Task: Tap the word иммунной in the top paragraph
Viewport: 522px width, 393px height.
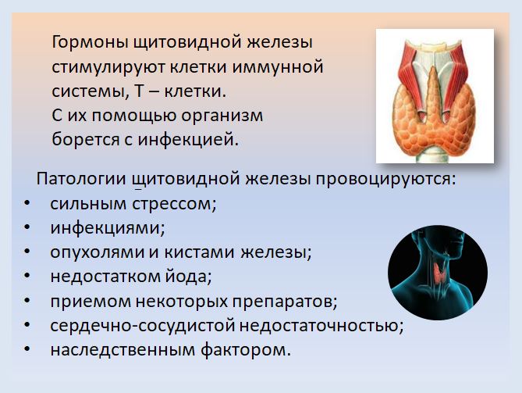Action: coord(278,66)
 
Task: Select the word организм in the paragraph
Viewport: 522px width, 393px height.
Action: coord(222,116)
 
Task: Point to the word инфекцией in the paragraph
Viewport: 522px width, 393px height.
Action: coord(188,139)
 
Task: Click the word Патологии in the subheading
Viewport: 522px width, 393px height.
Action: coord(81,179)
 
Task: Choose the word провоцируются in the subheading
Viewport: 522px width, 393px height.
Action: coord(385,180)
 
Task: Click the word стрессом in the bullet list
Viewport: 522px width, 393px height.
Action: coord(174,204)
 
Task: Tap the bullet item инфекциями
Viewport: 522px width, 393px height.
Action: coord(108,228)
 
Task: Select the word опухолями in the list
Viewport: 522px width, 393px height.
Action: coord(98,252)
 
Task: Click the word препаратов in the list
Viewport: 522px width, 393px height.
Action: coord(285,302)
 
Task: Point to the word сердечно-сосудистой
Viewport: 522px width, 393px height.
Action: coord(143,326)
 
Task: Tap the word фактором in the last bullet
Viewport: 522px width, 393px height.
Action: coord(245,350)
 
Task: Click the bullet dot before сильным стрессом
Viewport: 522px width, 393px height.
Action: coord(27,203)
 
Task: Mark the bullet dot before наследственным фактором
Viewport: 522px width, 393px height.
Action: coord(27,349)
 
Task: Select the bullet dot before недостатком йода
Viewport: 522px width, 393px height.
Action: coord(27,276)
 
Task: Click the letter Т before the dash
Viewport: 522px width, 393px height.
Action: coord(139,91)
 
